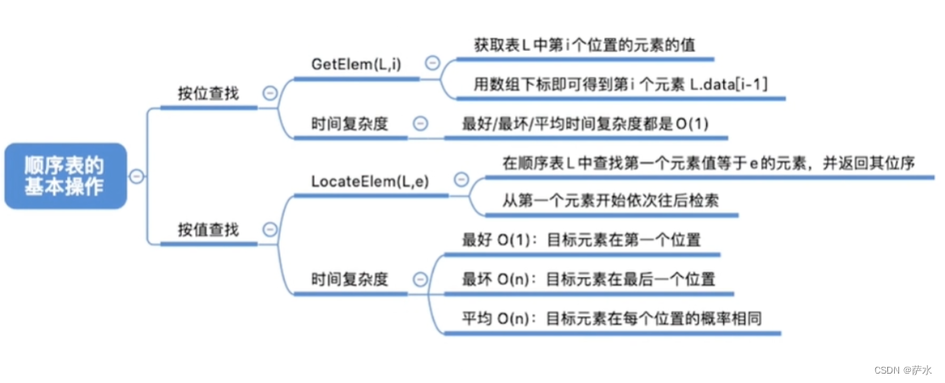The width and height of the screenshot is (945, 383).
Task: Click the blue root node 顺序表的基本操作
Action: pos(65,176)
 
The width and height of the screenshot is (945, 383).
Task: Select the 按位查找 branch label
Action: pos(208,93)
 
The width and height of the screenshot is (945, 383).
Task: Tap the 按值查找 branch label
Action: pos(208,229)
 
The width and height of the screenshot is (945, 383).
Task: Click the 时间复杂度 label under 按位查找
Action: pos(349,123)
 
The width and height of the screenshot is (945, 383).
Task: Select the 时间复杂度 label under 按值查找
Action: pos(349,279)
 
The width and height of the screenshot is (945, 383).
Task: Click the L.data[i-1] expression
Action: pos(729,84)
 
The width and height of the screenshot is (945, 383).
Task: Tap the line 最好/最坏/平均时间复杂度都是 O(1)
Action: pos(585,124)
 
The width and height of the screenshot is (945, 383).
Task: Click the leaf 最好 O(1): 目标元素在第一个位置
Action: pos(581,240)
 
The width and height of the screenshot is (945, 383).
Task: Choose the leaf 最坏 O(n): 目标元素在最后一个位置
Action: pos(588,279)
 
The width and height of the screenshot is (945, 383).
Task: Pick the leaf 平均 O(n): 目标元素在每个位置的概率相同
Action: pos(610,318)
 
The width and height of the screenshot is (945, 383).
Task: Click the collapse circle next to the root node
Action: pos(136,176)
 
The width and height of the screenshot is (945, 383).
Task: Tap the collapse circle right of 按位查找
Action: pos(270,93)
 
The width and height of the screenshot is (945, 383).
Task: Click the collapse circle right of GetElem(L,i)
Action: pos(433,63)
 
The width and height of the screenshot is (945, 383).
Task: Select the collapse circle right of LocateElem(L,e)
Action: pos(461,179)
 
